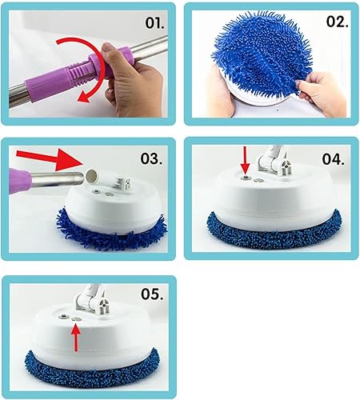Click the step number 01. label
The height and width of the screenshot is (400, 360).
tap(154, 23)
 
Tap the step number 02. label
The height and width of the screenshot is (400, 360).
tap(337, 22)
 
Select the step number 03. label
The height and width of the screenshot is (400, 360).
tap(151, 159)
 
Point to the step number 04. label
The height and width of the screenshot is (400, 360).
tap(333, 159)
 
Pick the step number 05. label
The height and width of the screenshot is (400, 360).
tap(152, 294)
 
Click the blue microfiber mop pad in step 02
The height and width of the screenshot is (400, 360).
tap(262, 54)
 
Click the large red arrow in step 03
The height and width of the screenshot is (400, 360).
tap(50, 158)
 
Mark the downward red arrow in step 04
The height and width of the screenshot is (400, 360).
tap(246, 161)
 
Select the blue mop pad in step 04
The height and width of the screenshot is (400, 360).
tap(274, 232)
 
